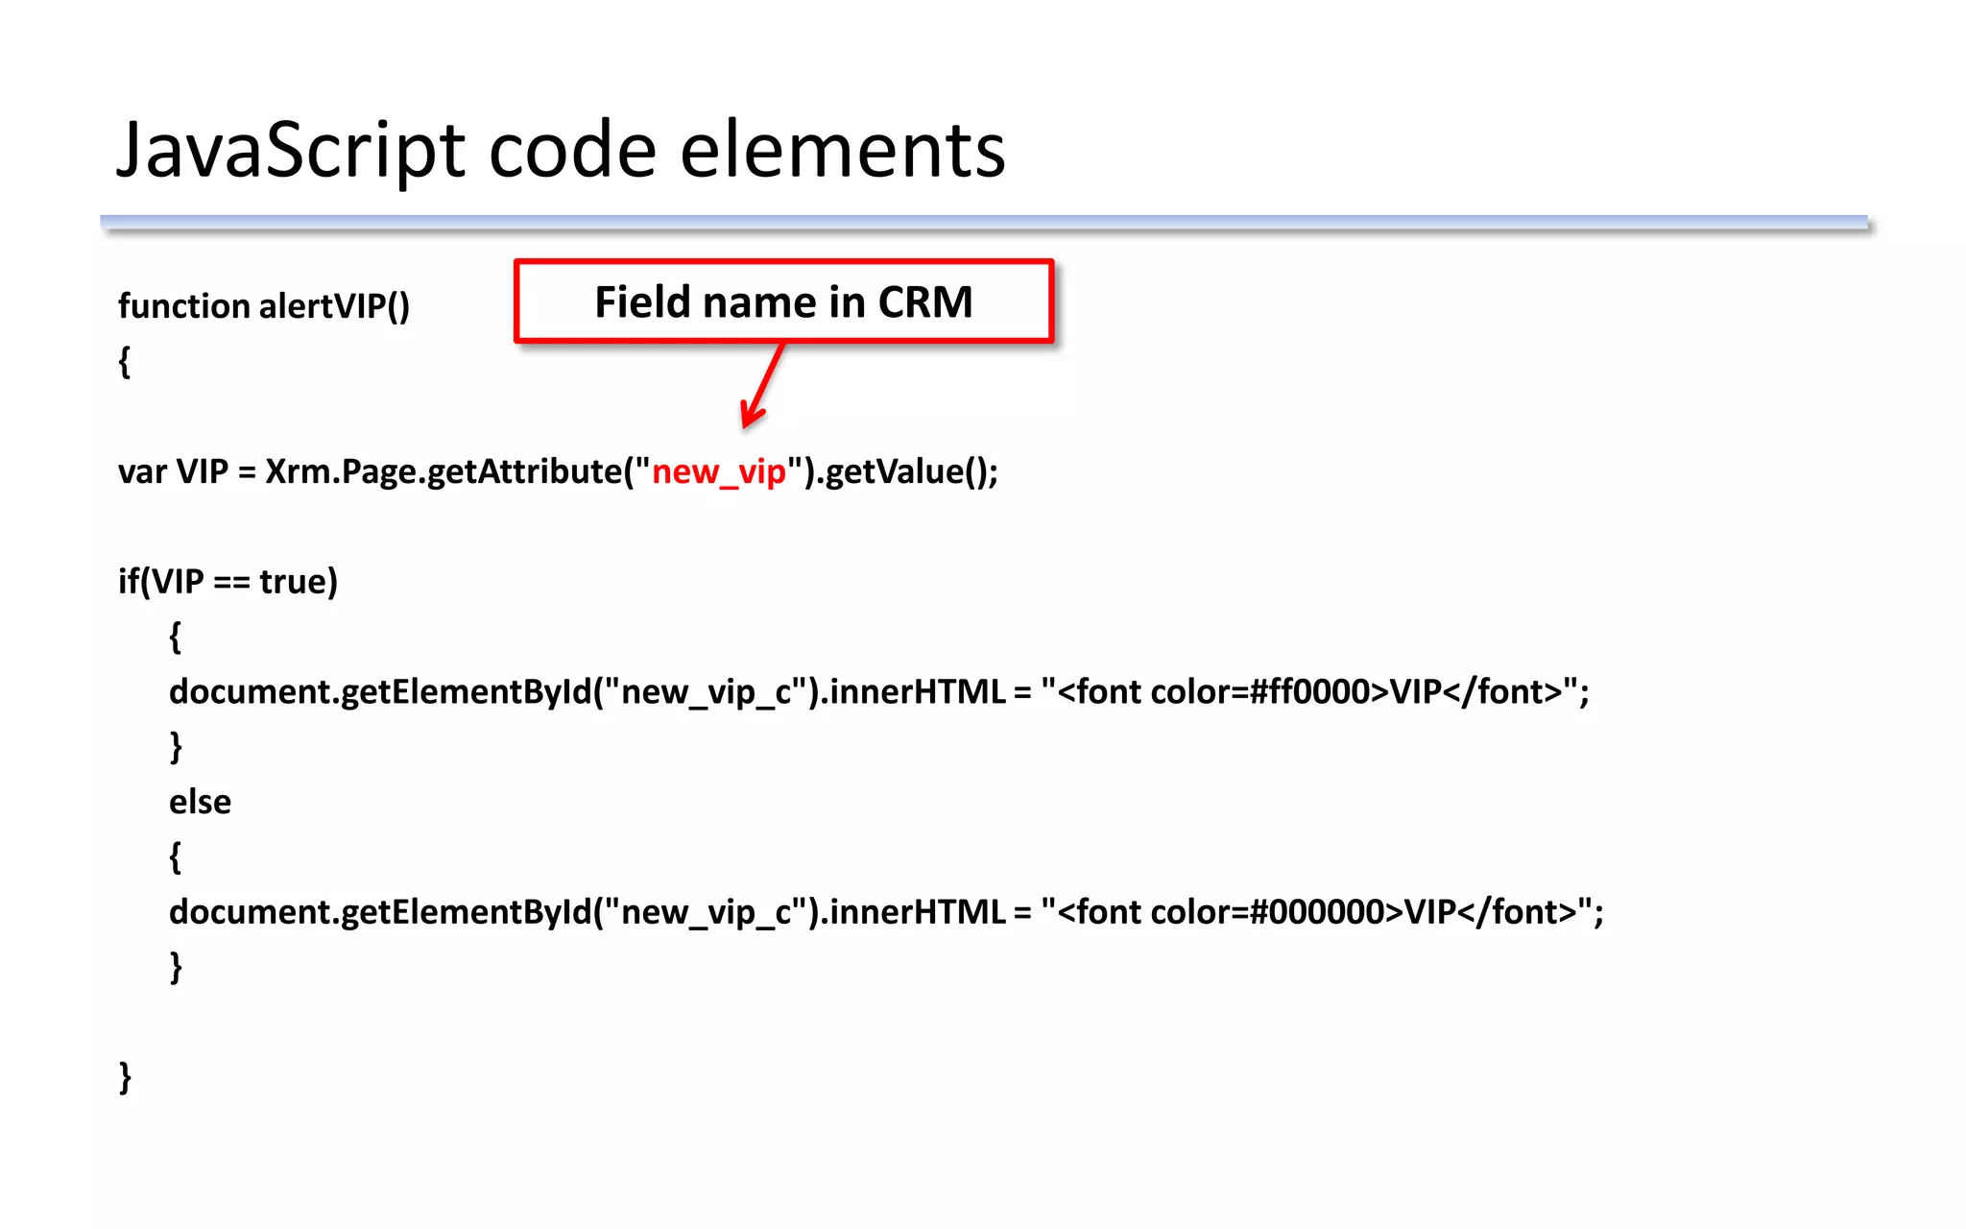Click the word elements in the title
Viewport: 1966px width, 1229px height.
(842, 152)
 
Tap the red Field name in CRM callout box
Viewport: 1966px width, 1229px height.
(783, 301)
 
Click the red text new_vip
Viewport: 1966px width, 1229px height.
(719, 472)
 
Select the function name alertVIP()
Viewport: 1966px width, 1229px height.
(334, 306)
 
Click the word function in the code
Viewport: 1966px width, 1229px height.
(183, 306)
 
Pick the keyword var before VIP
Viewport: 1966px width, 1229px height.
(142, 472)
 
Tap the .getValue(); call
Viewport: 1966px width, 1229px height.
(906, 472)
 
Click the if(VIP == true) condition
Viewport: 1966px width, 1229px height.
(228, 582)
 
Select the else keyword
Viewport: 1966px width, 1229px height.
(200, 802)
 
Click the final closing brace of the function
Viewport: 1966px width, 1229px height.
(125, 1077)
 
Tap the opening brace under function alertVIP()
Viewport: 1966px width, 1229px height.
(124, 362)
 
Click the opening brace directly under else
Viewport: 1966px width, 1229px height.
(175, 856)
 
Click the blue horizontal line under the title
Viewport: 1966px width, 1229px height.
(983, 223)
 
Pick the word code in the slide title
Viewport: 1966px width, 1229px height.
(572, 152)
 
